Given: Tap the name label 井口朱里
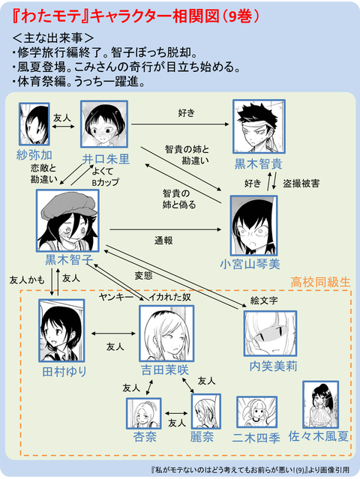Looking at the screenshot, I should tap(106, 159).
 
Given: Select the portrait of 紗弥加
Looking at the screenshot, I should tap(34, 124).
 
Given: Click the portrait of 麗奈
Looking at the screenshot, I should tap(206, 412).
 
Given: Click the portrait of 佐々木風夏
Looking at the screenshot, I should tap(320, 406).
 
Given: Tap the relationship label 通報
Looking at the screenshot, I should tap(164, 241).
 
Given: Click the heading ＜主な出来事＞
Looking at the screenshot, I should tap(53, 37).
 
